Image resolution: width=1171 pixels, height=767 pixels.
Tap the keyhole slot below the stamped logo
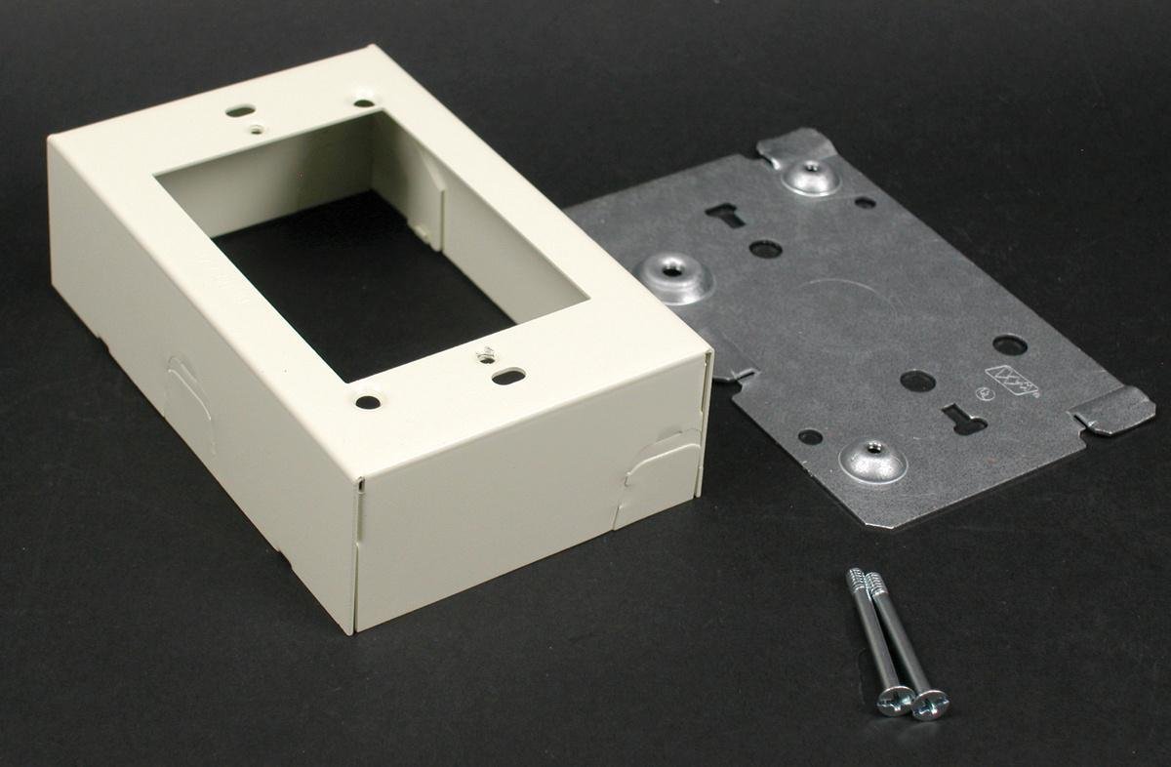point(962,421)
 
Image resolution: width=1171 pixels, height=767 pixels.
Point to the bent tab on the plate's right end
point(1116,407)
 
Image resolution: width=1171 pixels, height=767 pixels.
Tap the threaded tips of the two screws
point(863,581)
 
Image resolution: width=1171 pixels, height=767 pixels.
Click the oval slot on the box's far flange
point(239,111)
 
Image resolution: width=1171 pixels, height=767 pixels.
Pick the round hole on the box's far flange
point(363,101)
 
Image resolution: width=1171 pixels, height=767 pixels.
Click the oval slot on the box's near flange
point(508,375)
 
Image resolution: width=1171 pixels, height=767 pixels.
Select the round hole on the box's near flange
point(367,400)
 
